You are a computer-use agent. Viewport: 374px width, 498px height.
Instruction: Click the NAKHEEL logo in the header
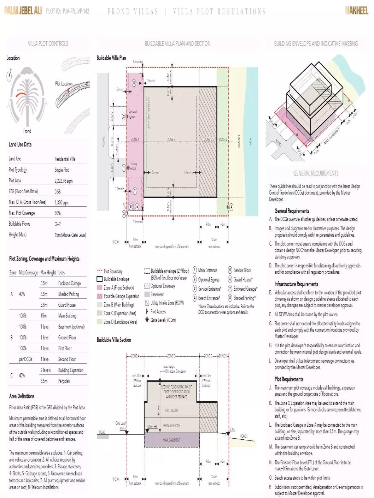pos(356,11)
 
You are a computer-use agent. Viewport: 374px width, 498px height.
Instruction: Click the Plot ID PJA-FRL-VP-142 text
pos(68,11)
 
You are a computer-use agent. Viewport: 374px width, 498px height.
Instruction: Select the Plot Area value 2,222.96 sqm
pos(64,181)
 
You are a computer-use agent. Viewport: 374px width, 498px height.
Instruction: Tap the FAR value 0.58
pos(58,191)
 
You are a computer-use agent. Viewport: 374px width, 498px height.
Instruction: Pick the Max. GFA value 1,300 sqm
pos(62,202)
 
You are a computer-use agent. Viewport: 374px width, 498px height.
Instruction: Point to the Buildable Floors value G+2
pos(58,224)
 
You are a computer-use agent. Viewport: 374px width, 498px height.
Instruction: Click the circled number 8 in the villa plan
pos(134,83)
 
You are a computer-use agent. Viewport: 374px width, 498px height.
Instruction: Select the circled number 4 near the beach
pos(231,207)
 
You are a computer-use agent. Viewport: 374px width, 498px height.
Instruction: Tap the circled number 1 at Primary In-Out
pos(124,168)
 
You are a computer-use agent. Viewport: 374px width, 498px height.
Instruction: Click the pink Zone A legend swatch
pos(99,288)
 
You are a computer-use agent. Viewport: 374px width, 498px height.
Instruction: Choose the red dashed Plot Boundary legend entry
pos(109,271)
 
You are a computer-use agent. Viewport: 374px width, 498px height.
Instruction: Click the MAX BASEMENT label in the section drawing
pos(172,440)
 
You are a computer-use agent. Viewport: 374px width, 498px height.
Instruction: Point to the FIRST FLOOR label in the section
pos(171,410)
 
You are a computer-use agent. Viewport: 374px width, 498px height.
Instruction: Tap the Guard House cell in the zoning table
pos(67,305)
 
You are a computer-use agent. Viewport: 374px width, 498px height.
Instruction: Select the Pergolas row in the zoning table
pos(64,381)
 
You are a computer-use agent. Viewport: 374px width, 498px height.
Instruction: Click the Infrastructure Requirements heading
pos(296,284)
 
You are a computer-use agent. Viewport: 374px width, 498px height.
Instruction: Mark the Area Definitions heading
pos(22,396)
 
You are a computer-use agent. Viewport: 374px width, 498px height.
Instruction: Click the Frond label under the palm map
pos(27,131)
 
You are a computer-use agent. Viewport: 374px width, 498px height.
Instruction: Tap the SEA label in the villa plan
pos(251,141)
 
